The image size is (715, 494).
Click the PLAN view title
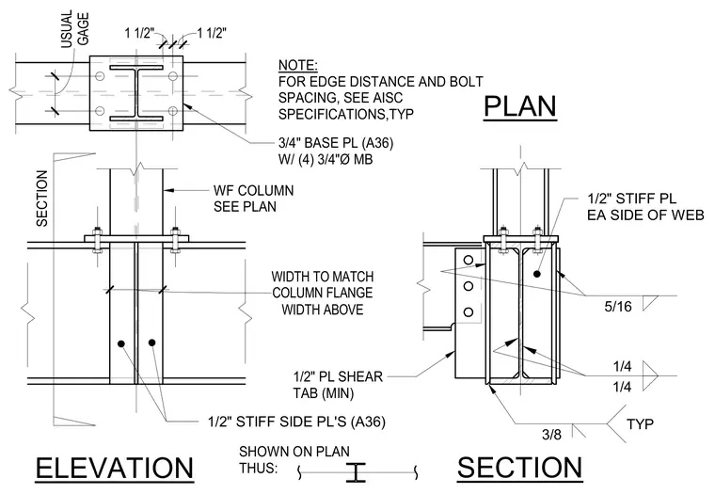click(x=520, y=106)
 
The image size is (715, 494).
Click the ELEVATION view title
click(x=115, y=468)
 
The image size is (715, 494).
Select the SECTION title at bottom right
click(x=520, y=467)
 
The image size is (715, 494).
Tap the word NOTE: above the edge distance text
click(x=298, y=65)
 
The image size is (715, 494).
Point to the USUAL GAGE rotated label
click(x=75, y=29)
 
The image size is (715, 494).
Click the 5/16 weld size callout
click(x=618, y=307)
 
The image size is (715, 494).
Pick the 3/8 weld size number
click(x=551, y=434)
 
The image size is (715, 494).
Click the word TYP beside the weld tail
click(x=640, y=424)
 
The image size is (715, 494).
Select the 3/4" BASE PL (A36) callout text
click(x=336, y=143)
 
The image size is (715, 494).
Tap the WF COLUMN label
click(x=253, y=190)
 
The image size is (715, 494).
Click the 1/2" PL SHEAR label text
click(x=338, y=376)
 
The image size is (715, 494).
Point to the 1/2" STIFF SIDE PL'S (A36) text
click(x=297, y=422)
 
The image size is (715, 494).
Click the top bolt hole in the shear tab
click(x=468, y=260)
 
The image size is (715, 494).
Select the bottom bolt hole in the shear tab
click(x=468, y=312)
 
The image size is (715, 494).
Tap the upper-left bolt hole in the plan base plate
click(x=100, y=75)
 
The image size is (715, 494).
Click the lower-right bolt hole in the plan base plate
click(x=172, y=110)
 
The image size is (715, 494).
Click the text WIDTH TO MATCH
click(x=323, y=277)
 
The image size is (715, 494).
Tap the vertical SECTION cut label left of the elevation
click(x=42, y=199)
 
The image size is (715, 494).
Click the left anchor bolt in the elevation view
click(x=97, y=239)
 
